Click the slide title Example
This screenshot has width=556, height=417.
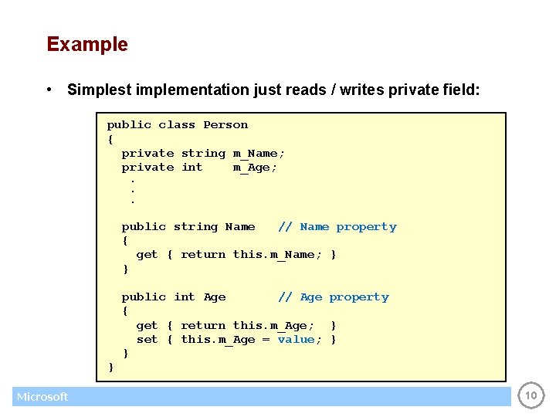[x=87, y=44]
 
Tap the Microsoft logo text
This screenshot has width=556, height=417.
[x=42, y=397]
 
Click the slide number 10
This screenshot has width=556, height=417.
[x=531, y=396]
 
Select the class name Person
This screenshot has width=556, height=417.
[x=225, y=125]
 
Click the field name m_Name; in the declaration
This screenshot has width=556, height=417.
[x=259, y=154]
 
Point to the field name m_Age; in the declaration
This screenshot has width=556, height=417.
[x=255, y=168]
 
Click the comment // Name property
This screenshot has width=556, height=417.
[x=337, y=227]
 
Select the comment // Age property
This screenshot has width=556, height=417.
[x=333, y=297]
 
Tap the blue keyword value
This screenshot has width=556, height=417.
[x=296, y=340]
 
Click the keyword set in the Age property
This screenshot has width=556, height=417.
[x=147, y=340]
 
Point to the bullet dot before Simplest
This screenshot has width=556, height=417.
[x=49, y=90]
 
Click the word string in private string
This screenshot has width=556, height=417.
[x=203, y=154]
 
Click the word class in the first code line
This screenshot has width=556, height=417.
[x=177, y=125]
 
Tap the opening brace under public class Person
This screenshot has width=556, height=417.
[x=110, y=140]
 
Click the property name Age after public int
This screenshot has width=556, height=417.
[x=215, y=297]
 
